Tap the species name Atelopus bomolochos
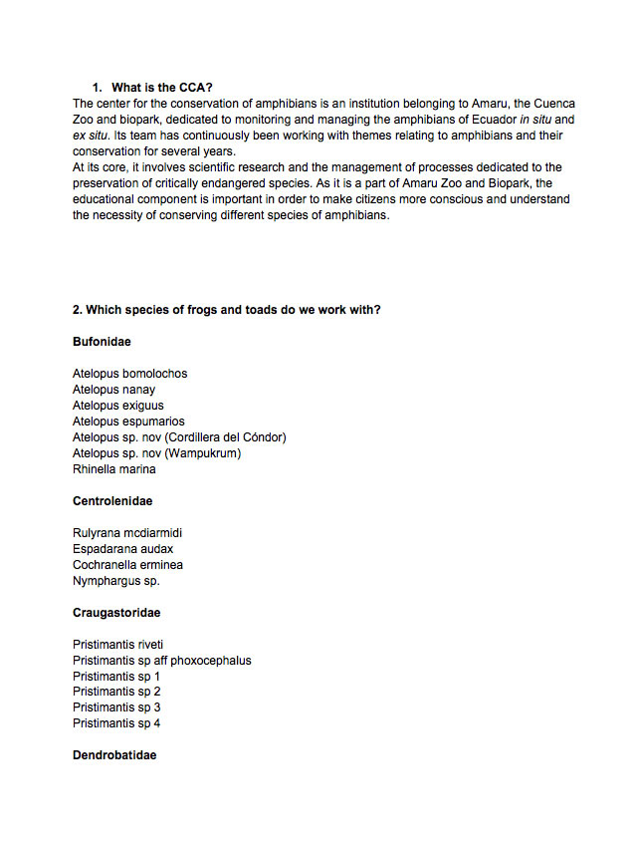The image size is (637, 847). point(129,374)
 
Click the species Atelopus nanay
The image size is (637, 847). point(113,390)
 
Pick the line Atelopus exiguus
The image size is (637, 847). point(117,406)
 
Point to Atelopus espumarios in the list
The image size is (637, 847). point(128,422)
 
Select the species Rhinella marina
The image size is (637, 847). point(113,469)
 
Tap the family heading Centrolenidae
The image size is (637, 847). point(112,501)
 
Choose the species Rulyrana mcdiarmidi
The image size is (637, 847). point(127,533)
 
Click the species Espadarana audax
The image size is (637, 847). point(123,549)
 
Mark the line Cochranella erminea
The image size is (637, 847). point(127,565)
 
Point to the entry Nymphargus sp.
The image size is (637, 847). point(116,581)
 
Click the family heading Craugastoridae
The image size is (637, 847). point(116,613)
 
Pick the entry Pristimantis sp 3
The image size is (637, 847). point(116,707)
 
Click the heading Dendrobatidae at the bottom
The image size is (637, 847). point(114,755)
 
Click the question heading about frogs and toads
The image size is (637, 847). point(227,310)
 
